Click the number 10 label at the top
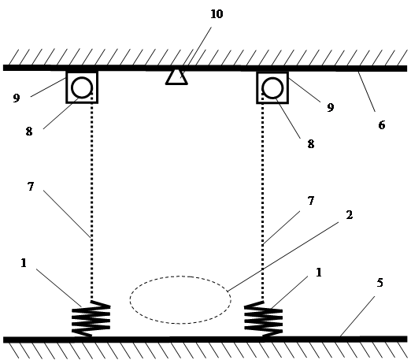[217, 14]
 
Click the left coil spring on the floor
[91, 318]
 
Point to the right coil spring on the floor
[263, 319]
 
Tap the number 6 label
[382, 125]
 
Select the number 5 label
[380, 283]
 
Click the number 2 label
[350, 215]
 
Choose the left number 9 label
[17, 98]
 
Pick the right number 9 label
[331, 107]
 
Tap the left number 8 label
[29, 131]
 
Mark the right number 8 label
[311, 144]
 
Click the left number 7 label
[31, 187]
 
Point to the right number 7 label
[311, 201]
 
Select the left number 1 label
[24, 263]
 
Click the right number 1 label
[319, 273]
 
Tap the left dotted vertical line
[91, 196]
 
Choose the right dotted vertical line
[263, 196]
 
